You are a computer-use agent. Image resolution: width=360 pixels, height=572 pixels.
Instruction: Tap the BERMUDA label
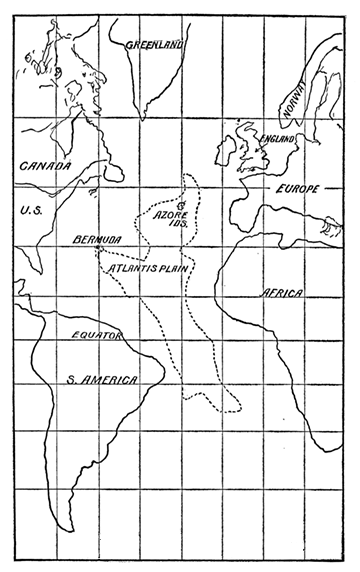(x=98, y=241)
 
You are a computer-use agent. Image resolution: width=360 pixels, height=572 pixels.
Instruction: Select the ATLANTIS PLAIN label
(x=151, y=267)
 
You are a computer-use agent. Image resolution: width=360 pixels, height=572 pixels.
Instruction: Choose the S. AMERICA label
(x=96, y=378)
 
